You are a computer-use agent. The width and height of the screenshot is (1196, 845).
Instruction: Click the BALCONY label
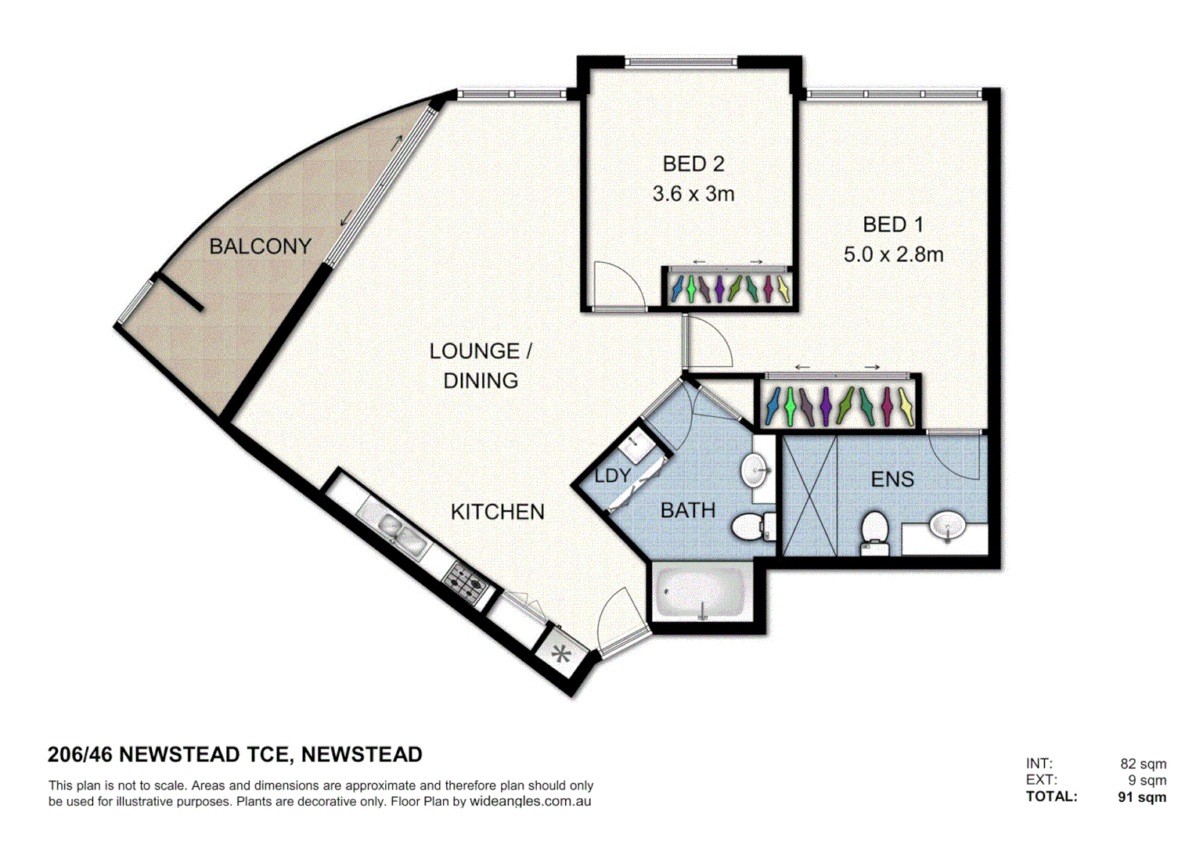(260, 246)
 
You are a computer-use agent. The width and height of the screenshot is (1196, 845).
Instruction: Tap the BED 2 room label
(693, 164)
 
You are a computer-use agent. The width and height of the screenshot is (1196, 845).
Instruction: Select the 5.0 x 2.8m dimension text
(893, 254)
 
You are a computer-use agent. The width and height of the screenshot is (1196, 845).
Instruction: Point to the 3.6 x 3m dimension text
(693, 193)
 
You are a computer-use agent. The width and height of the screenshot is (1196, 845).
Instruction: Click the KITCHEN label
(498, 512)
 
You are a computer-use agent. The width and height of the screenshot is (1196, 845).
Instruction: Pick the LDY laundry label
(612, 475)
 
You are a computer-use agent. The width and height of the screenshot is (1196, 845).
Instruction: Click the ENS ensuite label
(892, 479)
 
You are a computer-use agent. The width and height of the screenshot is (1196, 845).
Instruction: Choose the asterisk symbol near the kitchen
(561, 653)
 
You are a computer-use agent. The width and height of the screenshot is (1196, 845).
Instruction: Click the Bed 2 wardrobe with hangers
(729, 288)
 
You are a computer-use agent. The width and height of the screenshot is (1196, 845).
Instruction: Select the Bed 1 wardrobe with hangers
(839, 405)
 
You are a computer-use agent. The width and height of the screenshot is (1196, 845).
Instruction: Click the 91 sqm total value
(1142, 797)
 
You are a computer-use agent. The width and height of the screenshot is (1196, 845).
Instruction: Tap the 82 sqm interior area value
(1143, 764)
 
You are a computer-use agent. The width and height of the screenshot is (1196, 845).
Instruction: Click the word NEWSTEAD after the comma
(362, 754)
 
